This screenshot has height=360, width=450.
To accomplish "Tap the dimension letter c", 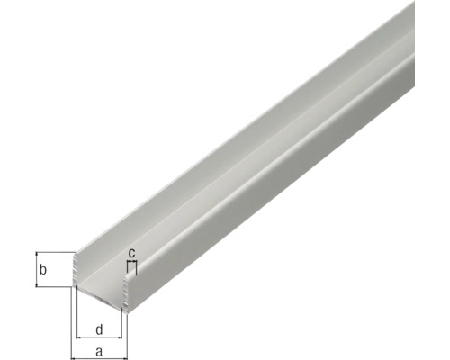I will coord(131,253).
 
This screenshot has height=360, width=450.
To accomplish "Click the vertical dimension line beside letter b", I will coord(35,269).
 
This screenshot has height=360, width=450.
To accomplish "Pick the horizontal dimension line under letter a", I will coord(99,358).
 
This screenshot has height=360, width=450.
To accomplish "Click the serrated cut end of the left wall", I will coord(75,270).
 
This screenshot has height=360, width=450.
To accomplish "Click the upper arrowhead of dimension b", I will coord(35,255).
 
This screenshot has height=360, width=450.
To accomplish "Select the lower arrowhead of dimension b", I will coord(35,283).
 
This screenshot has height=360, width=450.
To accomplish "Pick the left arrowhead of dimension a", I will coord(75,358).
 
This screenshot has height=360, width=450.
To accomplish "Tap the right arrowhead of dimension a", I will coord(129,358).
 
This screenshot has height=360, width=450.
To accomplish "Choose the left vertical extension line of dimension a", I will coord(72,324).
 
